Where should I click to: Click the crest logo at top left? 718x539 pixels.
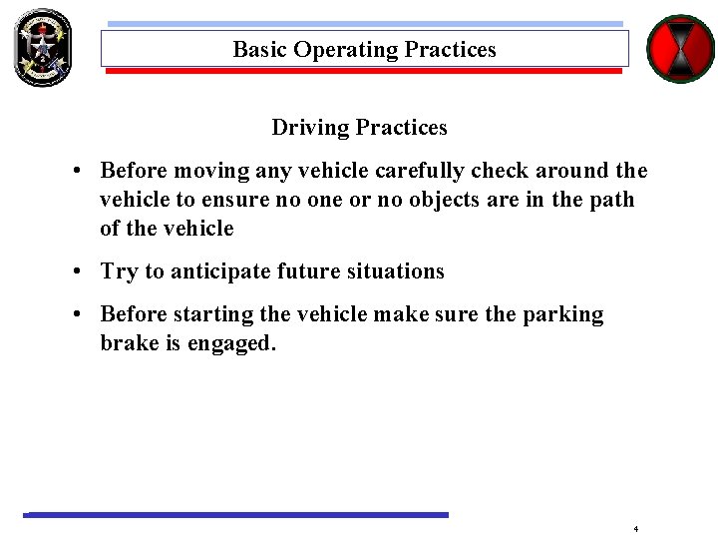coord(43,47)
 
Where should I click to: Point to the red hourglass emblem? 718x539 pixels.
coord(681,49)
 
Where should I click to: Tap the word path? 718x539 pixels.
coord(611,200)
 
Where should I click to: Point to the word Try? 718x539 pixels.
coord(118,271)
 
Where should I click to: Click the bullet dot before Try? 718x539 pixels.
coord(78,271)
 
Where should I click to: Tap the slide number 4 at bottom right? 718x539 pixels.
coord(635,528)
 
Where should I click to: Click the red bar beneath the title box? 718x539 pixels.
coord(364,72)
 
